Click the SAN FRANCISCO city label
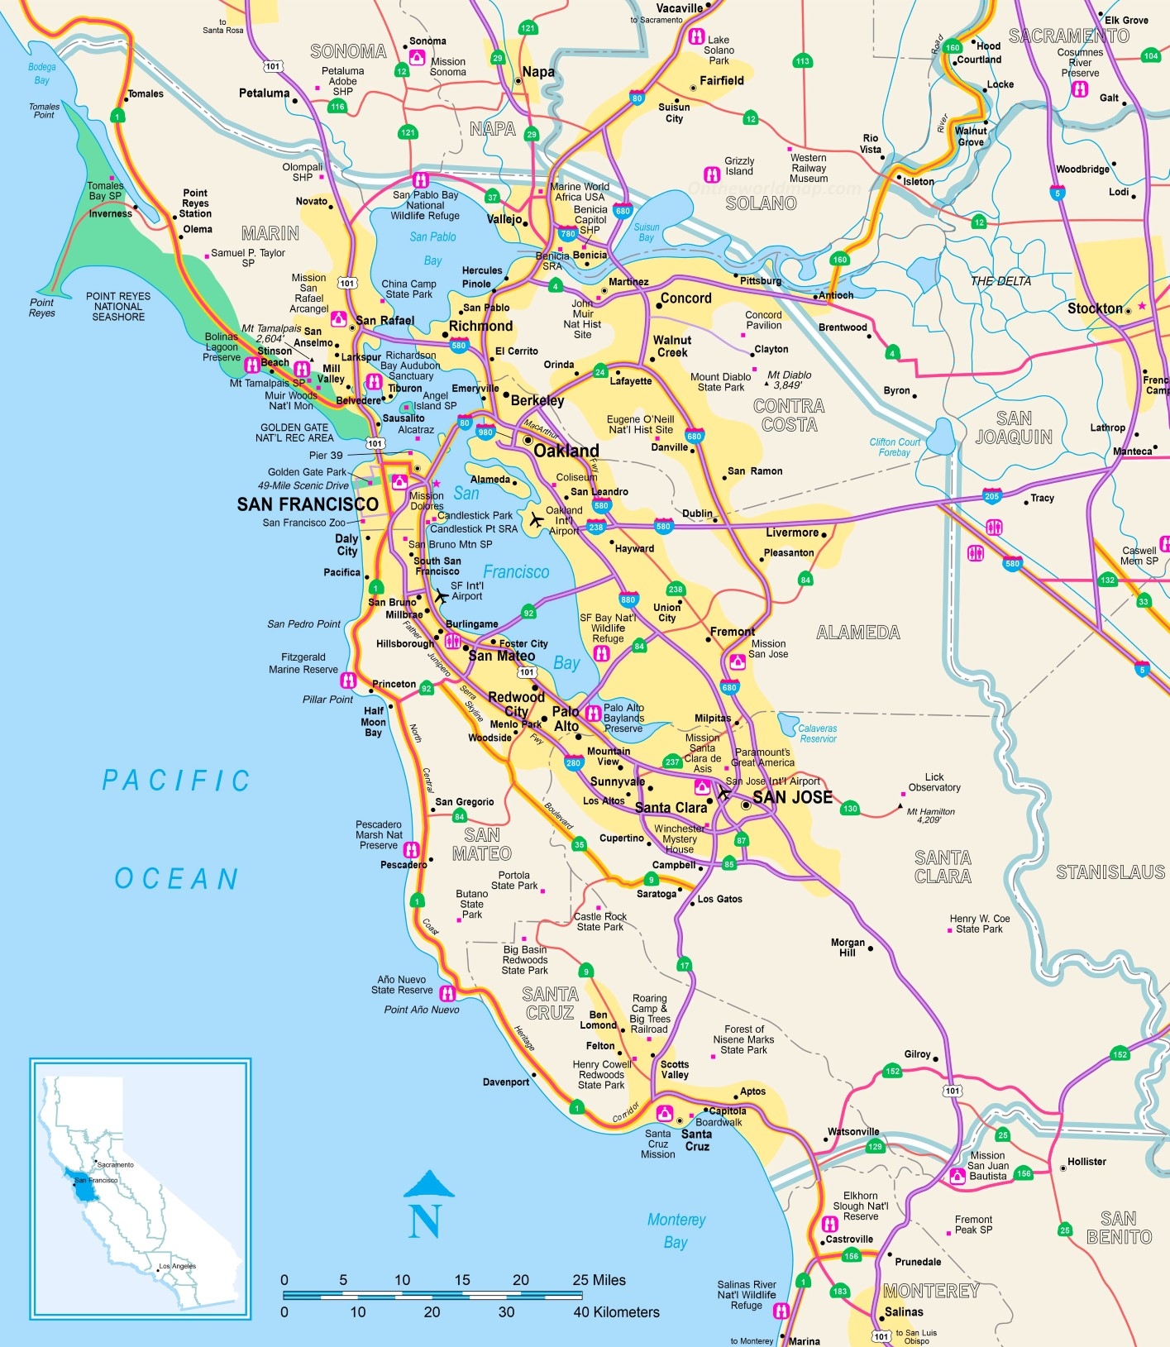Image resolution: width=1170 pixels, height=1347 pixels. (308, 504)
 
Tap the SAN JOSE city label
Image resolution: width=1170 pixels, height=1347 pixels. (792, 797)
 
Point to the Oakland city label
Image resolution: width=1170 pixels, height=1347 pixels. (566, 451)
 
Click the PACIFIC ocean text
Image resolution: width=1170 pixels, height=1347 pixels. (176, 781)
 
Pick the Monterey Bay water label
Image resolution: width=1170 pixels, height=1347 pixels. (676, 1230)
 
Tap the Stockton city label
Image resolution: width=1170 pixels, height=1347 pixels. (1095, 308)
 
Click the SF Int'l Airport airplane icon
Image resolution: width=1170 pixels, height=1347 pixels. (442, 595)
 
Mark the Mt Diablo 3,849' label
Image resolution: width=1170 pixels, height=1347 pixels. (789, 380)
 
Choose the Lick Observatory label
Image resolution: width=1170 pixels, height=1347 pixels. (934, 782)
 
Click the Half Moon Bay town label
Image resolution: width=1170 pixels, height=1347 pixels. (374, 721)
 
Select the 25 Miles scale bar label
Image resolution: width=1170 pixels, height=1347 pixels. (599, 1280)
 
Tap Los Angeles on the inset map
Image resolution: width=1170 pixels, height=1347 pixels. (178, 1266)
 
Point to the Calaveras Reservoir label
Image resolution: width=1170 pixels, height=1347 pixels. (818, 733)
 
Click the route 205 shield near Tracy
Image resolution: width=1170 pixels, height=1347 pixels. (992, 496)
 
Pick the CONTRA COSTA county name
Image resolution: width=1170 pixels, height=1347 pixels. (789, 415)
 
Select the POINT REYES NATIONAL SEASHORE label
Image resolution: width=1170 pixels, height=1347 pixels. (118, 306)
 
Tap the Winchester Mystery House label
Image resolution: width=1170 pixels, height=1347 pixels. (680, 838)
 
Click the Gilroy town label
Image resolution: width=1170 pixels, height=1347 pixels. (917, 1054)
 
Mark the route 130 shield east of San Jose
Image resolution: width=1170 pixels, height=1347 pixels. (850, 808)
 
